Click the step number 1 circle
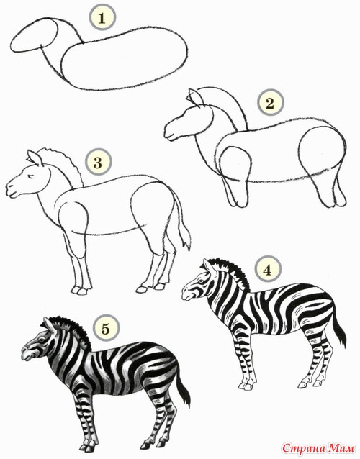coord(102,18)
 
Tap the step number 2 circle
coord(269,103)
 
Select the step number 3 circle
coord(98,163)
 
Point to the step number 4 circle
coord(268,271)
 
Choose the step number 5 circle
coord(105,329)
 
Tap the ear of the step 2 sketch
coord(195,98)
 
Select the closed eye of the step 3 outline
coord(30,176)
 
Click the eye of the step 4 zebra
coord(202,281)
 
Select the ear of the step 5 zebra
coord(47,325)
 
